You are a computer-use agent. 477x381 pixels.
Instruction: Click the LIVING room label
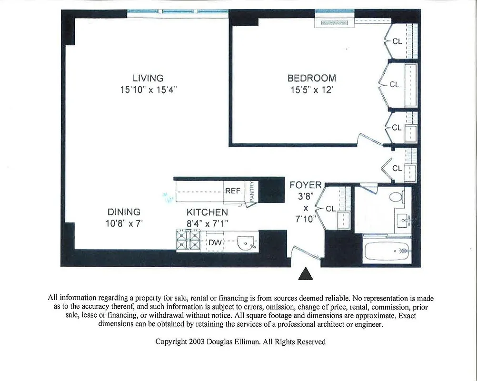pyautogui.click(x=148, y=78)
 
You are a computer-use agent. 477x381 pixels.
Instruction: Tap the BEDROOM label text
pyautogui.click(x=311, y=78)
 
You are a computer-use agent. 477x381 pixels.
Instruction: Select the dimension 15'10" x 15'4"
pyautogui.click(x=148, y=90)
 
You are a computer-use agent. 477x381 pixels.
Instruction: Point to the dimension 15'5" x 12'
pyautogui.click(x=311, y=90)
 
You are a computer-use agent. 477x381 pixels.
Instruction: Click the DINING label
pyautogui.click(x=124, y=212)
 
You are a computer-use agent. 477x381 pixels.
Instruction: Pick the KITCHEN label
pyautogui.click(x=207, y=212)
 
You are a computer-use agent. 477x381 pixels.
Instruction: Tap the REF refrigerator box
pyautogui.click(x=233, y=191)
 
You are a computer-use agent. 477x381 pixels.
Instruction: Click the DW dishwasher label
pyautogui.click(x=215, y=243)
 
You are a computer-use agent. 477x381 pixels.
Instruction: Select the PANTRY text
pyautogui.click(x=252, y=192)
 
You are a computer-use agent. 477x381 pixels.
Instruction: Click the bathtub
pyautogui.click(x=386, y=251)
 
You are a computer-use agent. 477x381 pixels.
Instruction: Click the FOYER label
pyautogui.click(x=306, y=185)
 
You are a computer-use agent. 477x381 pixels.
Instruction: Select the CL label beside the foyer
pyautogui.click(x=330, y=209)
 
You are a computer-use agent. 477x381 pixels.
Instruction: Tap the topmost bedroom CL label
pyautogui.click(x=397, y=41)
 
